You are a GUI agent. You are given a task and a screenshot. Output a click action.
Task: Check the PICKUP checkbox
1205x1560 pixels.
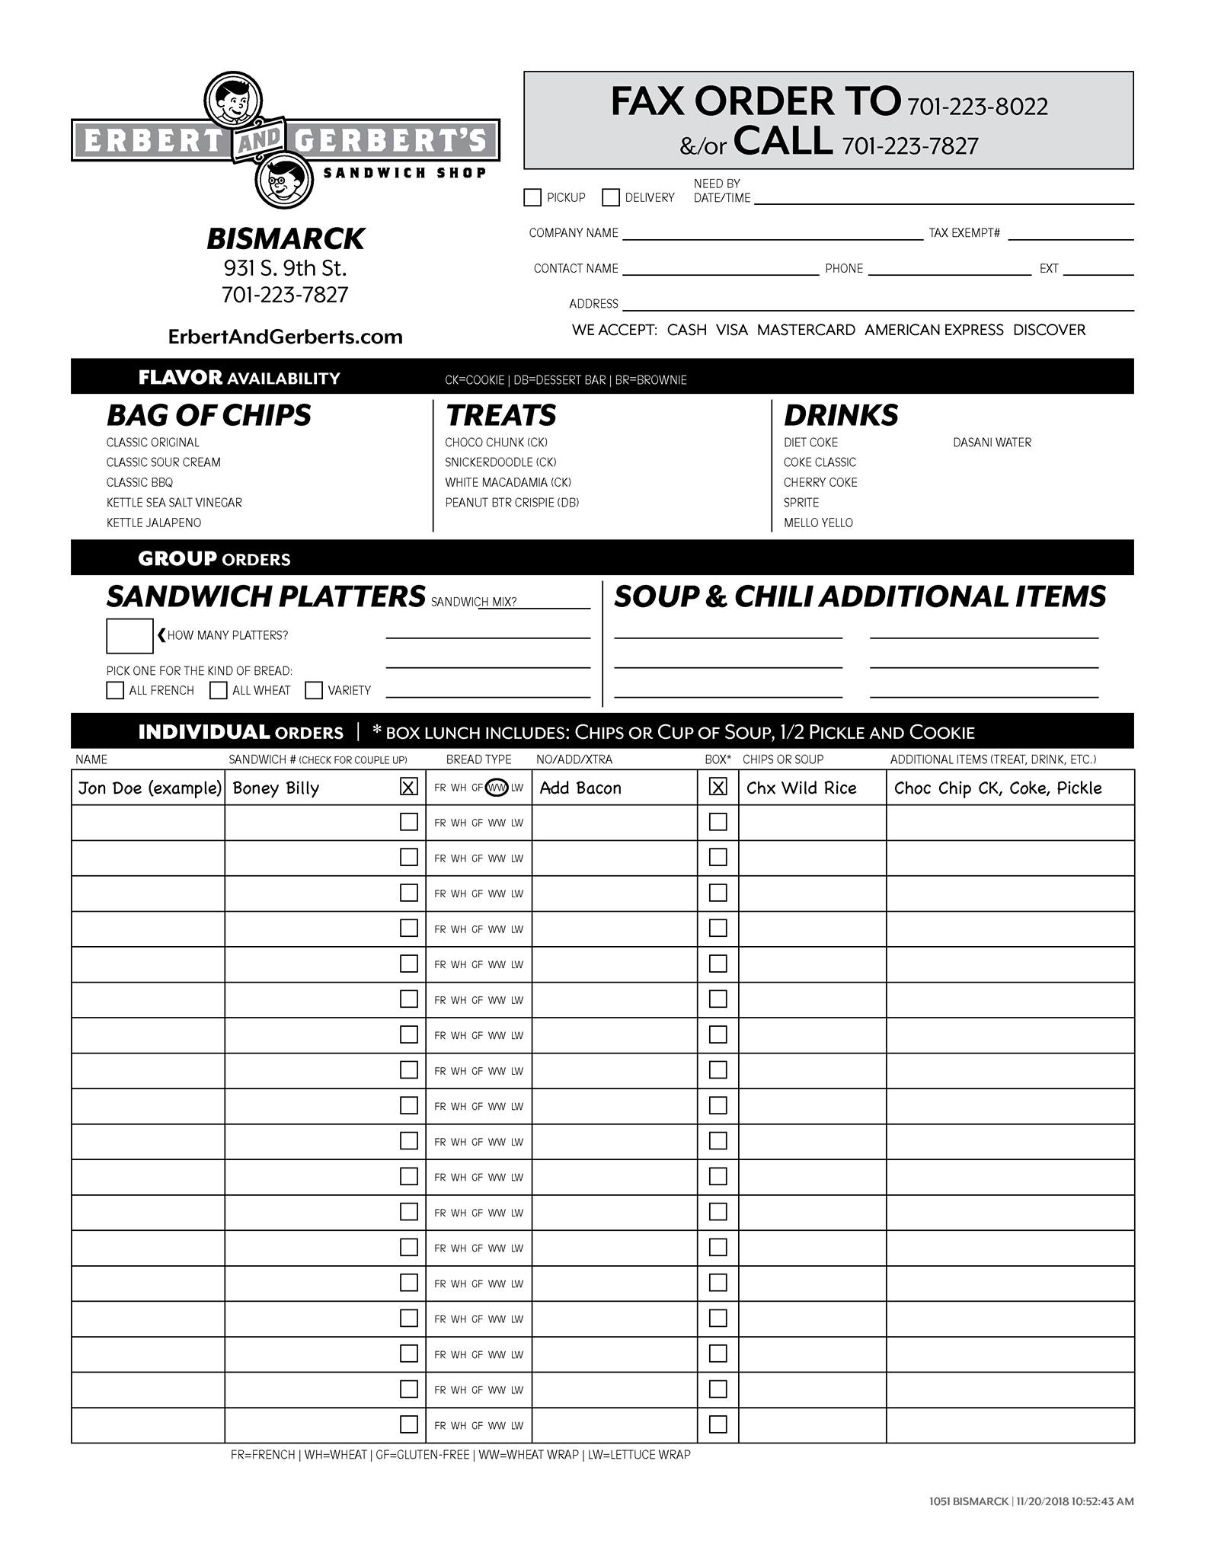click(532, 198)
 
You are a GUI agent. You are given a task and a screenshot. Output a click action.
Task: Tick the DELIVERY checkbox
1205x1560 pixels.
click(611, 198)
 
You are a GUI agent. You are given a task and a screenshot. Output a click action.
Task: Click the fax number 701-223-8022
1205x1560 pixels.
click(977, 107)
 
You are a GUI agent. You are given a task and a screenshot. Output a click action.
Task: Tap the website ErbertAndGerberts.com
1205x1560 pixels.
click(285, 337)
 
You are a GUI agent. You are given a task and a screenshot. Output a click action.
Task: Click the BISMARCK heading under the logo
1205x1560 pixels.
click(285, 238)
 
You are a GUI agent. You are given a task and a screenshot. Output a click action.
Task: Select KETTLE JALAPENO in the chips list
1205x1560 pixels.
click(154, 523)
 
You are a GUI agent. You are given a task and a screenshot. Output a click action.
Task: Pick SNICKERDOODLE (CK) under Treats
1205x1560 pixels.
click(500, 462)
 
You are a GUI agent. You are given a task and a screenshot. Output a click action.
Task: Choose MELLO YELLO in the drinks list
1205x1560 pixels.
click(818, 523)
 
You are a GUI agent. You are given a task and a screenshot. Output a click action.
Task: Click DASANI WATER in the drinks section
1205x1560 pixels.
click(992, 443)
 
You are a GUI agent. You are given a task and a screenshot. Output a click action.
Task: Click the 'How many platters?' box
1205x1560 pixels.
click(129, 636)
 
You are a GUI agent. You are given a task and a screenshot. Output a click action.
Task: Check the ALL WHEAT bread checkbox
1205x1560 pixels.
click(219, 690)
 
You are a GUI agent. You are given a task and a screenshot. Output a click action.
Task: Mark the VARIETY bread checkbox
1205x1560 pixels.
click(314, 690)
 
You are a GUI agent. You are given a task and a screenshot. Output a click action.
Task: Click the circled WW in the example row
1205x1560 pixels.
click(497, 788)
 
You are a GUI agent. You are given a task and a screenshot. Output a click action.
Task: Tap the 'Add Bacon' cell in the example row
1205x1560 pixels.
click(580, 788)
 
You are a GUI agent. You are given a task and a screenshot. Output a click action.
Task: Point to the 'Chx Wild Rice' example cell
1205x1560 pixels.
click(801, 788)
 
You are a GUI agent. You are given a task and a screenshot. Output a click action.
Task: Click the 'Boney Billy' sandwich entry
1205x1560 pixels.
click(276, 788)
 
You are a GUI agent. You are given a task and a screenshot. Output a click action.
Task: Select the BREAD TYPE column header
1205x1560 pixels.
click(478, 759)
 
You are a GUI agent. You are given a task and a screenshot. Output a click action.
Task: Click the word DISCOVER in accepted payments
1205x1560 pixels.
click(1049, 330)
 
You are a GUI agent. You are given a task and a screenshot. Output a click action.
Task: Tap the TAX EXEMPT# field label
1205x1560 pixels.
click(964, 233)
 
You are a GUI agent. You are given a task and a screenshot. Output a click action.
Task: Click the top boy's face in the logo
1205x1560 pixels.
click(233, 100)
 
